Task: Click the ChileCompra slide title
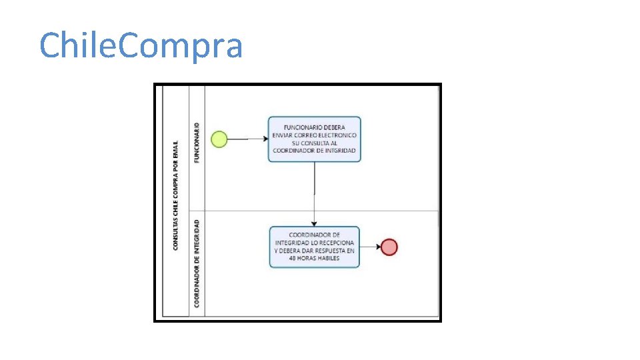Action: tap(141, 46)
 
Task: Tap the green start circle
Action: tap(219, 139)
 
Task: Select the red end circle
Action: tap(389, 247)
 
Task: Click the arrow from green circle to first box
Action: tap(247, 139)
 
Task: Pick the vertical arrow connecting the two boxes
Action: tap(315, 193)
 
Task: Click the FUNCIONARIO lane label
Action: tap(197, 142)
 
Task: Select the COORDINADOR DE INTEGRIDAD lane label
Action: tap(197, 263)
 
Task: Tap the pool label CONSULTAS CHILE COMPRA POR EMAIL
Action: tap(175, 195)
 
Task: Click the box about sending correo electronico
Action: tap(315, 139)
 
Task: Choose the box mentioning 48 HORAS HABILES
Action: tap(314, 247)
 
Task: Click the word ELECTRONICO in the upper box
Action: tap(335, 135)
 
